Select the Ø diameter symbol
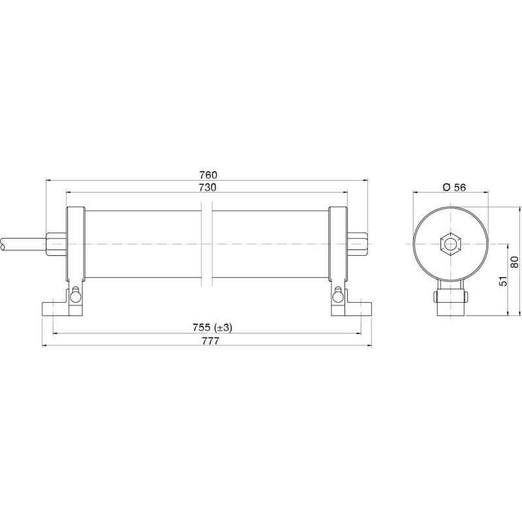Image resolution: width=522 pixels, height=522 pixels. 446,187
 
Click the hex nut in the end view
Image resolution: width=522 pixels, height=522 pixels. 451,245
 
